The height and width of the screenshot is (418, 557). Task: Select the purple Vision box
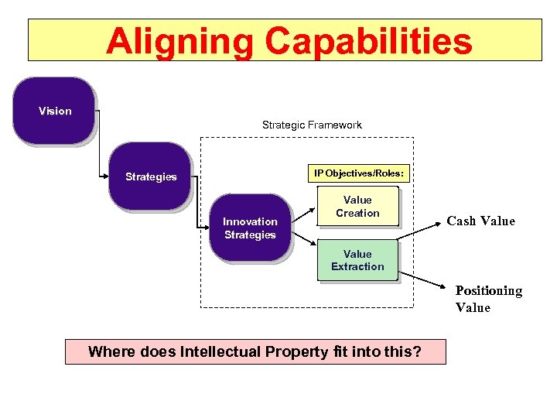(54, 111)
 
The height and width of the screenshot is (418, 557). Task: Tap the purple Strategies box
(151, 176)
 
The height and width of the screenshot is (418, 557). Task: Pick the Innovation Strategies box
(250, 228)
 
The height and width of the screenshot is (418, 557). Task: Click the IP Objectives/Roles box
(358, 173)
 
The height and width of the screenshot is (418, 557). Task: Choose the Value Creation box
(357, 207)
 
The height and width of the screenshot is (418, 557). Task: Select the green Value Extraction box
(357, 260)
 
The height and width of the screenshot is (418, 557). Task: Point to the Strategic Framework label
(312, 125)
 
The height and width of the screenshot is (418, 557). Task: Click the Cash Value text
(480, 221)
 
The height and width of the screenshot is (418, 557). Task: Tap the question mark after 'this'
(418, 352)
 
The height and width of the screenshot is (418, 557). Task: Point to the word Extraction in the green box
(357, 266)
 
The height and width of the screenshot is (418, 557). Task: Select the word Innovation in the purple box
(250, 221)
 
